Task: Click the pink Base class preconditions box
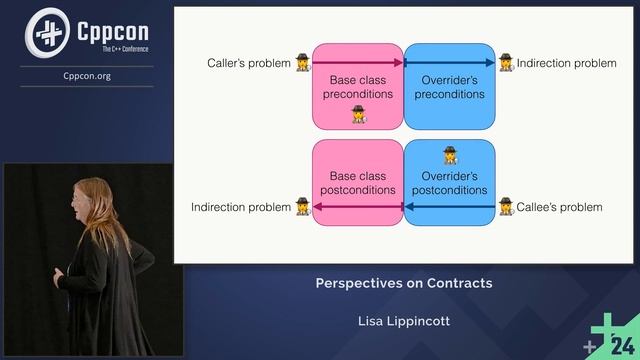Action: pos(357,86)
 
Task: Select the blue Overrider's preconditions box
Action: pos(449,86)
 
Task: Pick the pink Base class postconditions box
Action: pos(357,182)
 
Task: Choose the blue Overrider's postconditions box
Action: pos(449,182)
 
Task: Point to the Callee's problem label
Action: pos(559,207)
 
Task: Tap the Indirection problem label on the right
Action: pos(566,64)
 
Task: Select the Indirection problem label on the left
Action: pos(239,207)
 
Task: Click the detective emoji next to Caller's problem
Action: pos(302,63)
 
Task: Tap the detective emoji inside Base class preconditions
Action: pos(358,114)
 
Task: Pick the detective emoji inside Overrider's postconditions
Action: pos(450,154)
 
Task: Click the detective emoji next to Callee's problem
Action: pos(505,206)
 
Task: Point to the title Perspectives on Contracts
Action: pos(404,283)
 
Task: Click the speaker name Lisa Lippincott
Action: pos(404,321)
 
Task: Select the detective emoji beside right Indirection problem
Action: pos(505,63)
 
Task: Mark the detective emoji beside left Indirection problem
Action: pos(302,206)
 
